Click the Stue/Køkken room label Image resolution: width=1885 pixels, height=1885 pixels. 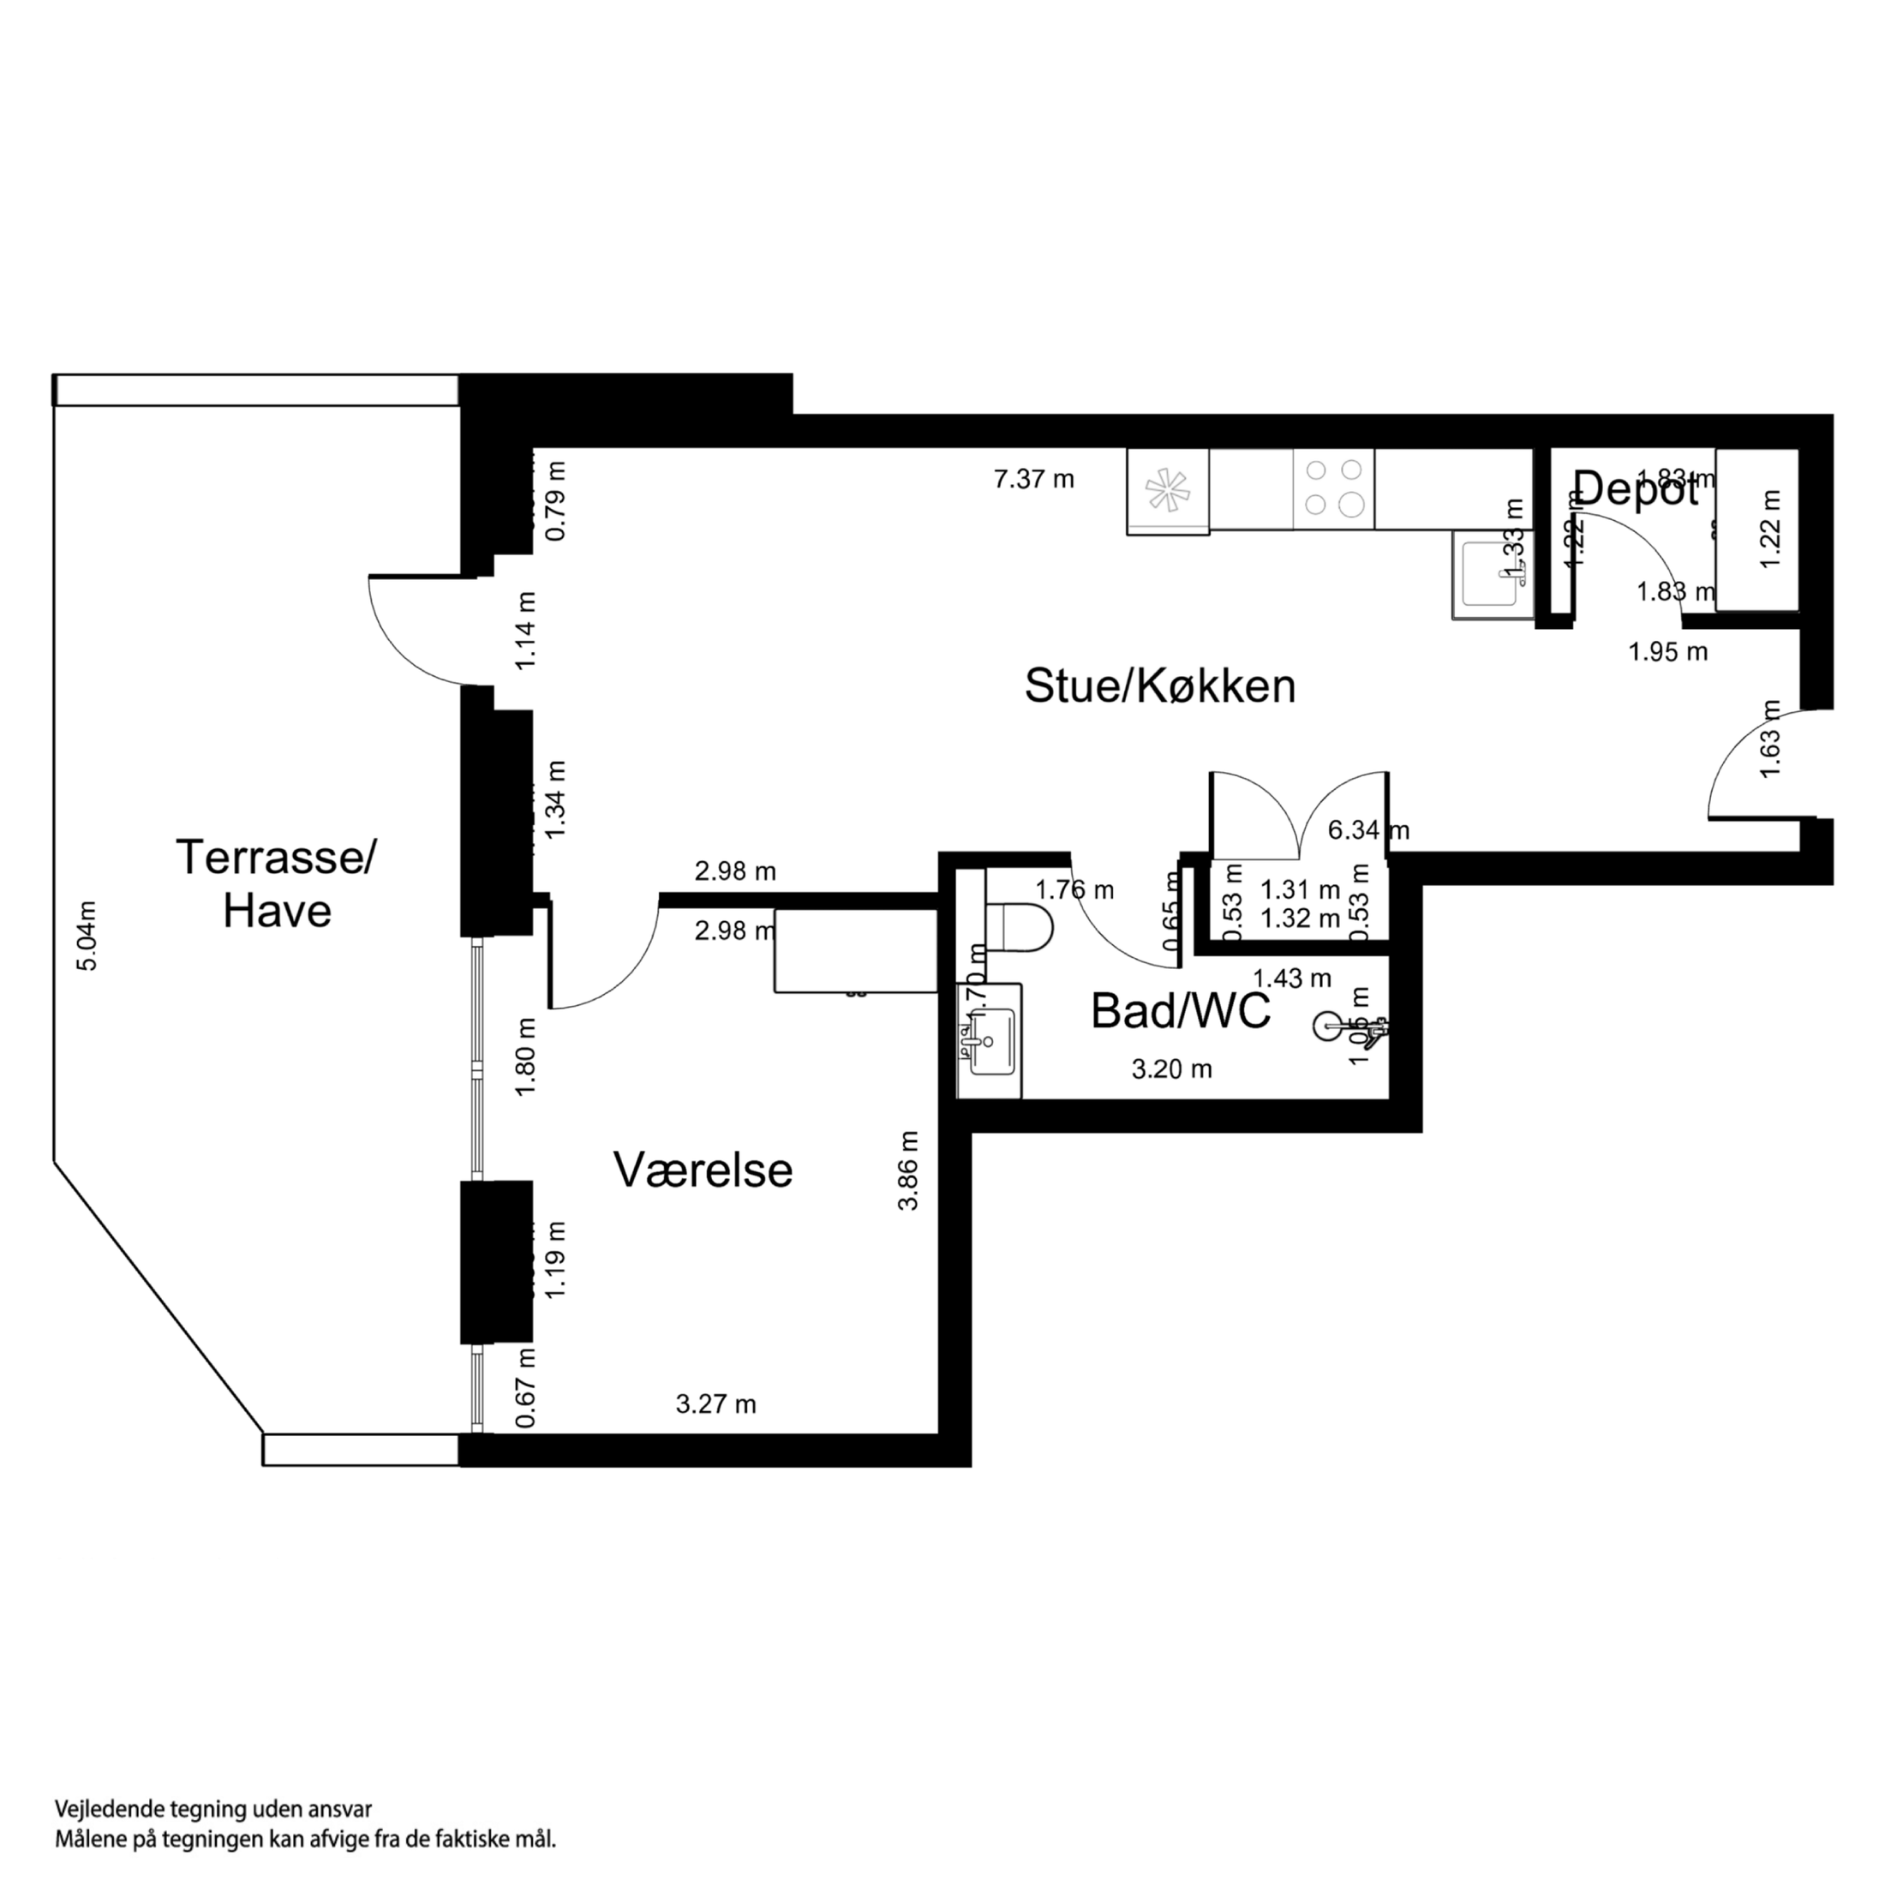[x=1159, y=687]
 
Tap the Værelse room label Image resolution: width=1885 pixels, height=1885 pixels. [x=703, y=1170]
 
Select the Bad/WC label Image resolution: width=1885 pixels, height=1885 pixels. [x=1180, y=1011]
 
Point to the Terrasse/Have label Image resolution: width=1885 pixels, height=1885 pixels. [x=276, y=884]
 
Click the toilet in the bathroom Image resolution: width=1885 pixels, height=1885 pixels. [x=1019, y=927]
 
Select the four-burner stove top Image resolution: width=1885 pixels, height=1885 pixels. [x=1334, y=488]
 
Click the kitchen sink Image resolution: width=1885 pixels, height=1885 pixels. [x=1491, y=576]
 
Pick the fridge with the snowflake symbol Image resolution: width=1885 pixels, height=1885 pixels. [x=1168, y=490]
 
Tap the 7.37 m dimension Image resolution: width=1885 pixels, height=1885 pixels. [x=1033, y=479]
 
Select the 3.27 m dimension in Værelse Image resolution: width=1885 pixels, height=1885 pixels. [x=715, y=1404]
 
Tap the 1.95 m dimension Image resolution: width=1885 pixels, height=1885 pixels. [x=1667, y=652]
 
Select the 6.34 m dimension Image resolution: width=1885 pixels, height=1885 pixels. [x=1367, y=830]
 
